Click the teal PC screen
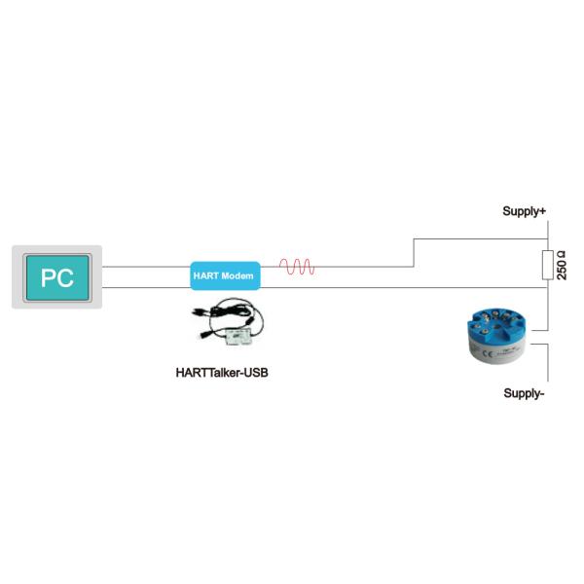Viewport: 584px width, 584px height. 57,277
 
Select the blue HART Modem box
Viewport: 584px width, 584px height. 224,276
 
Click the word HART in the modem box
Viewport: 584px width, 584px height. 206,276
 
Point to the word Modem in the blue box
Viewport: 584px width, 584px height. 237,276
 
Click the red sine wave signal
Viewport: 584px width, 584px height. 296,267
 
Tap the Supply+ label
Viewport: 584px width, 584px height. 524,211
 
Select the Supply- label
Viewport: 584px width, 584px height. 524,393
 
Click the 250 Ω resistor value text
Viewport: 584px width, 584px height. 563,264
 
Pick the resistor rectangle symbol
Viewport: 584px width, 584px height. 548,264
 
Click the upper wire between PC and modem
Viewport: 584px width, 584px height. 146,266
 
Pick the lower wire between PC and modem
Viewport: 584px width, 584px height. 146,288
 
